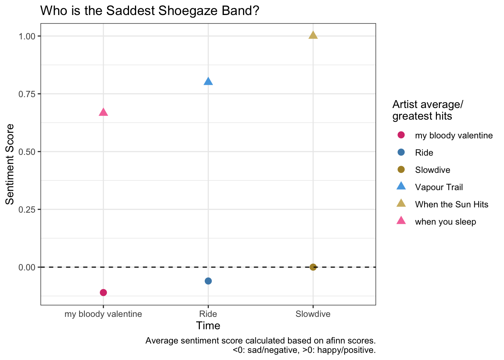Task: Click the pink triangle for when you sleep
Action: (x=103, y=112)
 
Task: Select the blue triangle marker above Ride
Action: (x=208, y=81)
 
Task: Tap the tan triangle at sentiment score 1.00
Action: (x=313, y=35)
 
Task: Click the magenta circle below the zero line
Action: (x=103, y=292)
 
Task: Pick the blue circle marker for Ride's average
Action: (x=208, y=281)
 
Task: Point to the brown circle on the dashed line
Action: (x=313, y=267)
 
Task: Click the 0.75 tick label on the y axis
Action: (x=27, y=94)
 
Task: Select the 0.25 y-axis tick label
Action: (x=27, y=209)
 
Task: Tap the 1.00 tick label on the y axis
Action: (x=27, y=36)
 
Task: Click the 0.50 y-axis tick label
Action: (x=27, y=151)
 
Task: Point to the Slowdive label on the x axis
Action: (x=313, y=314)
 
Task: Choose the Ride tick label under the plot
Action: (x=208, y=314)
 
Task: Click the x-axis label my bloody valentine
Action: (x=103, y=314)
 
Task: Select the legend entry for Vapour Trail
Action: (x=439, y=187)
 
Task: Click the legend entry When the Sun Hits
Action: (x=451, y=204)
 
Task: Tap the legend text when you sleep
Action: (x=445, y=222)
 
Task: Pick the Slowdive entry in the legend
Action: (x=432, y=170)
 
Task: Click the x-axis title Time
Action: (x=208, y=325)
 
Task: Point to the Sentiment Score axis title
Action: (x=10, y=164)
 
